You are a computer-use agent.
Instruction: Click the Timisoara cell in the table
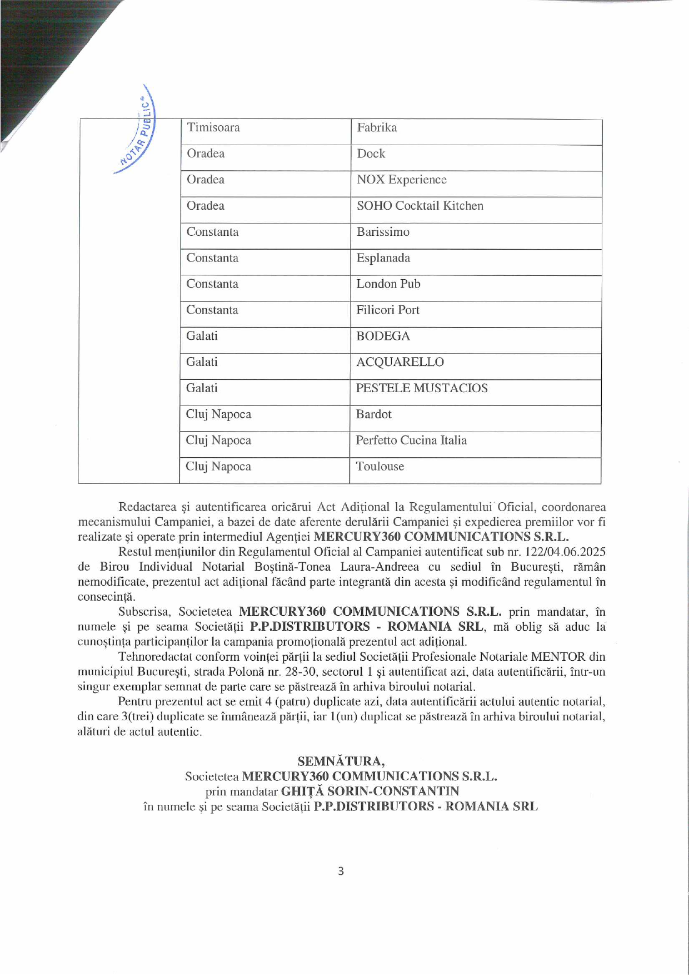213,127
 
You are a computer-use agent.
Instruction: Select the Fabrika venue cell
377,127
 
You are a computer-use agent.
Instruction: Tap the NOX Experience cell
402,180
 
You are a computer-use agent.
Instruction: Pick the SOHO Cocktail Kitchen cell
420,206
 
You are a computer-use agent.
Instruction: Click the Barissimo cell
383,232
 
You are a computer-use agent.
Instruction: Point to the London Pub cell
388,284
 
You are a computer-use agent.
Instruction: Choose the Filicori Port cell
388,310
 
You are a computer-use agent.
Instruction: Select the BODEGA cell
383,336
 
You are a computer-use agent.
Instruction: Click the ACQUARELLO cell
400,362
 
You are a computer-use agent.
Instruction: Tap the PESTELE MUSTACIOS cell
422,388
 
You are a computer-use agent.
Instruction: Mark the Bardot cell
373,414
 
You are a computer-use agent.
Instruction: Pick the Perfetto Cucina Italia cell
411,441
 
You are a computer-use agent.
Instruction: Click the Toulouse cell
380,467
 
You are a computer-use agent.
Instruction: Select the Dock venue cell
371,154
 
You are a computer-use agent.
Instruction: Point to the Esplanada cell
383,258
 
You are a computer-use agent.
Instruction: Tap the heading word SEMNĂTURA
341,761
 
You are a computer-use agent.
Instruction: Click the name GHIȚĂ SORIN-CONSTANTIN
370,791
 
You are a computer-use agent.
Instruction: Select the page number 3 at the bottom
341,871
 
